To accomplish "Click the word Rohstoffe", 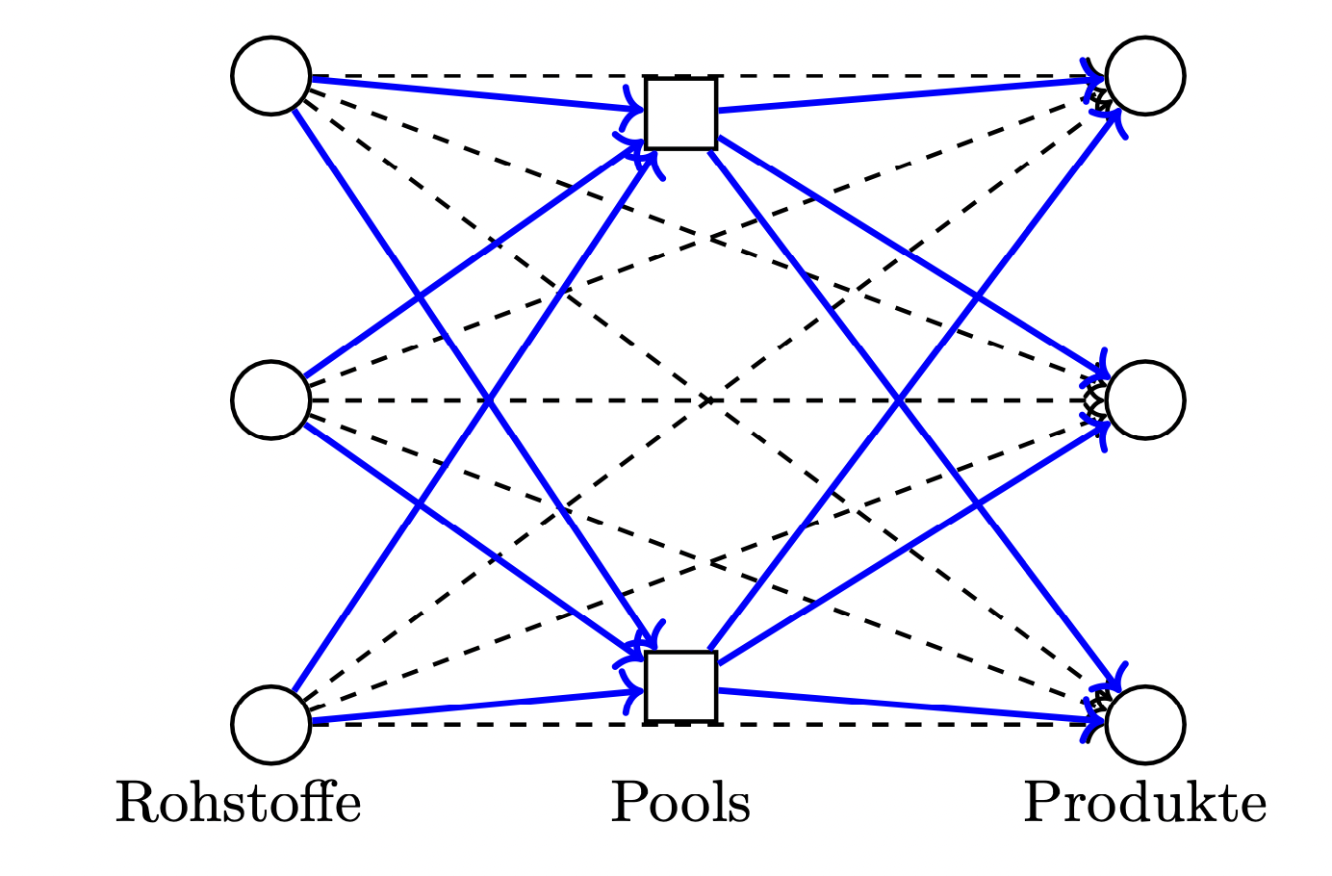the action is point(238,803).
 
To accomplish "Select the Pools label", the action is point(680,803).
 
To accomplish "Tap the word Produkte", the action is point(1145,803).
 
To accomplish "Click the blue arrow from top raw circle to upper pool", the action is point(477,92).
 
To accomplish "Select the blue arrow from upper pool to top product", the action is point(911,94).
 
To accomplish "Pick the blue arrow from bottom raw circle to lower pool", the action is point(477,708).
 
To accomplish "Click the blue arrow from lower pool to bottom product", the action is point(911,708).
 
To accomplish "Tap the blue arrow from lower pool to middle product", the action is point(912,544).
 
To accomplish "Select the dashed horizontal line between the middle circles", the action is point(707,400).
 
